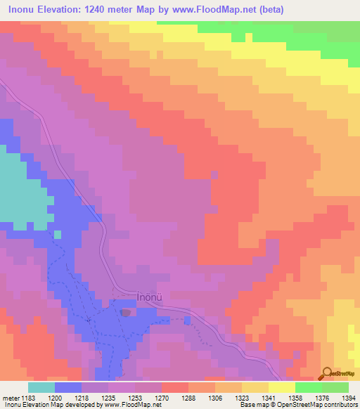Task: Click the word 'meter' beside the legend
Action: pos(9,398)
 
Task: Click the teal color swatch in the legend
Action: pos(41,387)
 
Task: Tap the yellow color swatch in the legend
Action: pos(281,387)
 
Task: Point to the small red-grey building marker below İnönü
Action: pos(126,312)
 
